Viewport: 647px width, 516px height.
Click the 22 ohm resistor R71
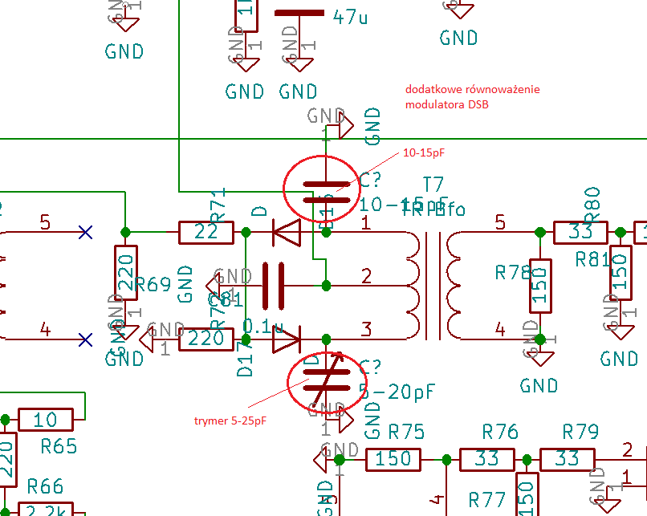pos(206,233)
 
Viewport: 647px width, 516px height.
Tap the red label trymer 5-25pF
pos(231,421)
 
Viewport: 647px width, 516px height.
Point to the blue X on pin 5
pos(85,233)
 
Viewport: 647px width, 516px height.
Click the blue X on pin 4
pos(85,339)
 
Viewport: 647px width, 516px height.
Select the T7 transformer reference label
pos(433,184)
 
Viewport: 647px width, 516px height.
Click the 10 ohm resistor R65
pos(46,419)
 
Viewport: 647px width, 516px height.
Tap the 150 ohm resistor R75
pos(393,459)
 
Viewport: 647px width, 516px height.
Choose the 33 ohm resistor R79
pos(567,459)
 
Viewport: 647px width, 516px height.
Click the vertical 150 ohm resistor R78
pos(540,286)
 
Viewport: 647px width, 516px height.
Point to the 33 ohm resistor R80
pos(579,233)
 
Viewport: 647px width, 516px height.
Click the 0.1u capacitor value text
pos(263,327)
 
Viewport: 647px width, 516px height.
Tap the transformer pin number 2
pos(367,277)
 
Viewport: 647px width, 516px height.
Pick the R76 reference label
pos(500,433)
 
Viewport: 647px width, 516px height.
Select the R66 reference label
pos(45,486)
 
